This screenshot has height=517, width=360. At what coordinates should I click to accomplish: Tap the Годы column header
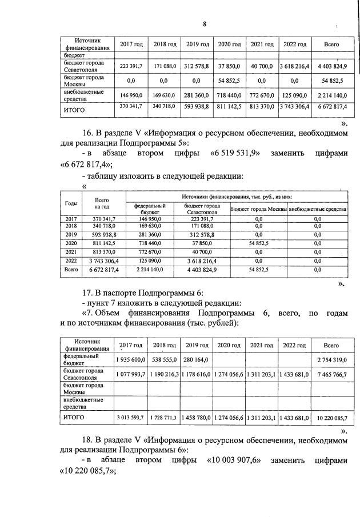[x=72, y=203]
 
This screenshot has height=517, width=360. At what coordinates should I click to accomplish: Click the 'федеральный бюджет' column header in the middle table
[x=150, y=209]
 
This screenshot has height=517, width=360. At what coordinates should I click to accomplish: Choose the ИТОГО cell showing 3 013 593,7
[x=131, y=418]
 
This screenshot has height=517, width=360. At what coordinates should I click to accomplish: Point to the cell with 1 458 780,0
[x=196, y=418]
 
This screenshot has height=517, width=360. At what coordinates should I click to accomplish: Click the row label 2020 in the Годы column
[x=72, y=242]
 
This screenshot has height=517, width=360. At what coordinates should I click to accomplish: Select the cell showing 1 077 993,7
[x=131, y=374]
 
